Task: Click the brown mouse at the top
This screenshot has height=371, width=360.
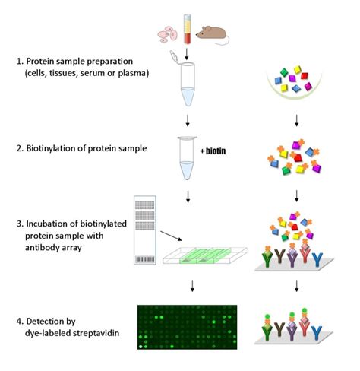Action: tap(212, 32)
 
